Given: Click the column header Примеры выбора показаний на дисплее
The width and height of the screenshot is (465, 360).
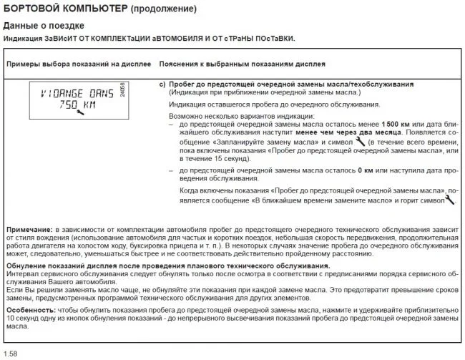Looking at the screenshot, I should point(77,64).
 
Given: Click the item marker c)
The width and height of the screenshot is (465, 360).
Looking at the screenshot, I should point(162,84).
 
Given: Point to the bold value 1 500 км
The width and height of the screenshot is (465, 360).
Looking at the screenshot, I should point(396,125).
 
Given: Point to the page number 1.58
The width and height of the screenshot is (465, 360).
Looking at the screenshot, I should point(11,354).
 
